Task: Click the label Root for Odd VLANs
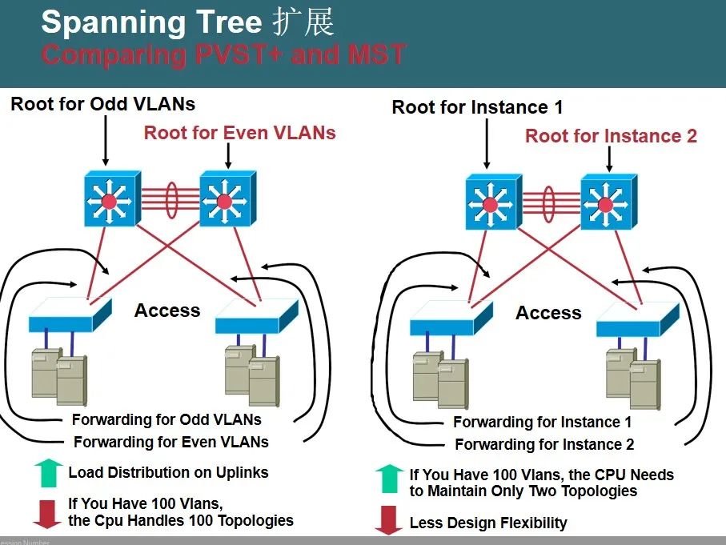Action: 102,104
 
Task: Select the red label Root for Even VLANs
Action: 239,133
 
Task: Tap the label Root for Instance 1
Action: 477,107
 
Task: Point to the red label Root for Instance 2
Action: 611,136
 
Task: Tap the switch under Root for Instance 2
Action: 607,202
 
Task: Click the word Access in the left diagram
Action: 167,311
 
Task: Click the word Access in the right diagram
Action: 548,313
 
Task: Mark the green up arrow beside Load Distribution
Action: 48,473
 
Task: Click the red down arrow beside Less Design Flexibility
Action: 388,521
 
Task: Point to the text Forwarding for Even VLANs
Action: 170,442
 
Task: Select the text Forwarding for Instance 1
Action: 542,422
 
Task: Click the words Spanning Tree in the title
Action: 152,22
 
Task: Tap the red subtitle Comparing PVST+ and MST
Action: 223,54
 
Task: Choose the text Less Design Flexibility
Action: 488,523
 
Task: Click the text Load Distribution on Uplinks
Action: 168,472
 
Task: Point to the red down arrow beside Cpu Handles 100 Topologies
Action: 48,513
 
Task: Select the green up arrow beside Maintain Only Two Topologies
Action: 388,479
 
